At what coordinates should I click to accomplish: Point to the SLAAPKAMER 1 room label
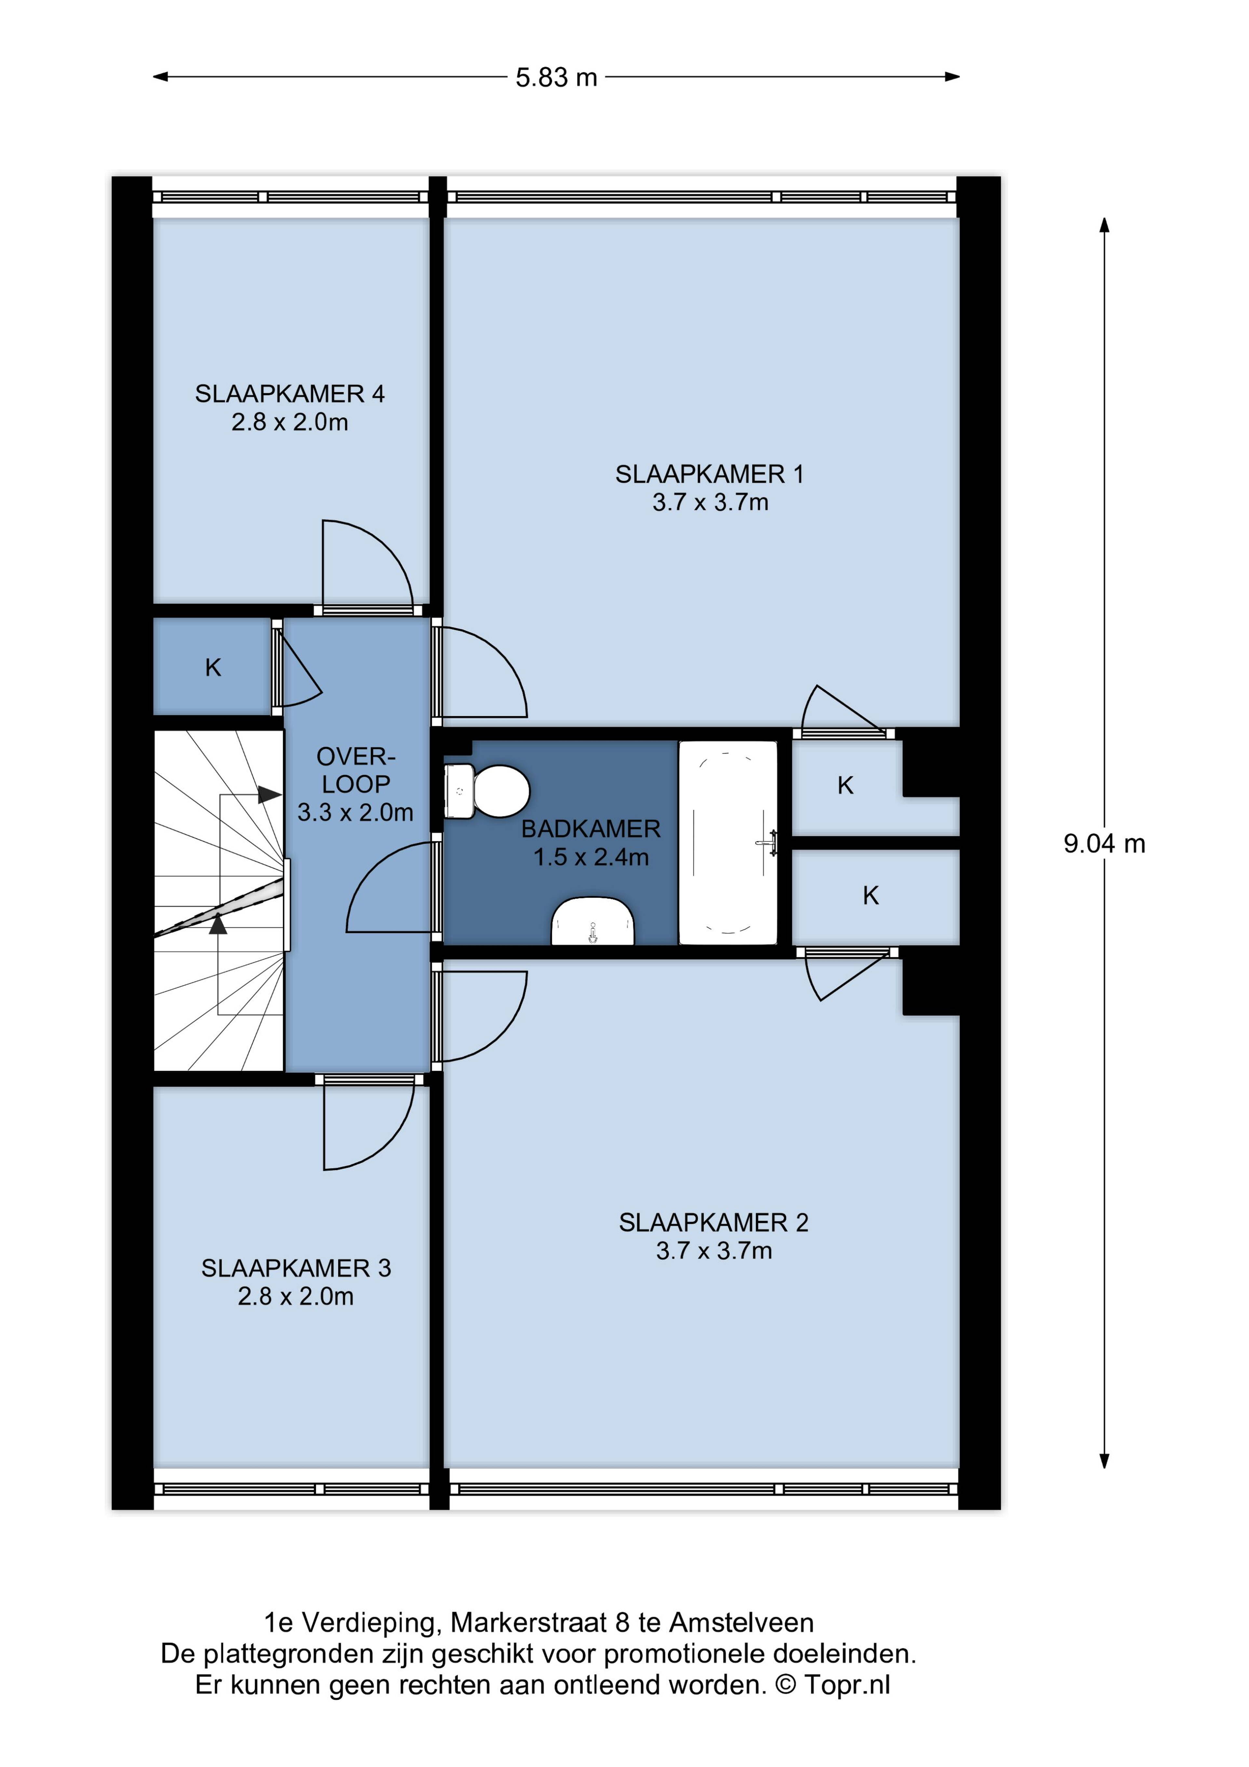(709, 488)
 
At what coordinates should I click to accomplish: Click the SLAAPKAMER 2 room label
(713, 1236)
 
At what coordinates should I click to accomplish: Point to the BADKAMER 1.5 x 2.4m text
(591, 843)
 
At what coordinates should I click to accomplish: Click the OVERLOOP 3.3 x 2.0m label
(356, 784)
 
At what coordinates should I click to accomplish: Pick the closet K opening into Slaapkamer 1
(846, 786)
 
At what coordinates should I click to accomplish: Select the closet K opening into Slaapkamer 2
(870, 896)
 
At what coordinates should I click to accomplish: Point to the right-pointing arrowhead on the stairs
(269, 794)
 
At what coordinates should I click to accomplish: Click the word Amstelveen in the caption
(741, 1623)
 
